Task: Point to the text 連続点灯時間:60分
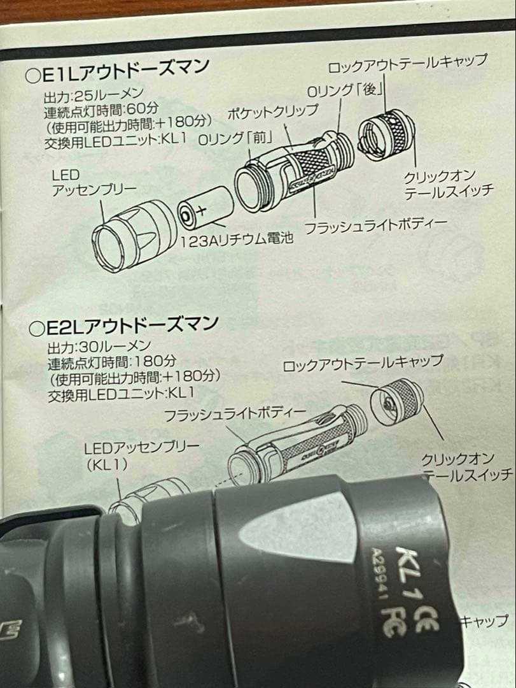(102, 110)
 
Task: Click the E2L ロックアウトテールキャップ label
(363, 365)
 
